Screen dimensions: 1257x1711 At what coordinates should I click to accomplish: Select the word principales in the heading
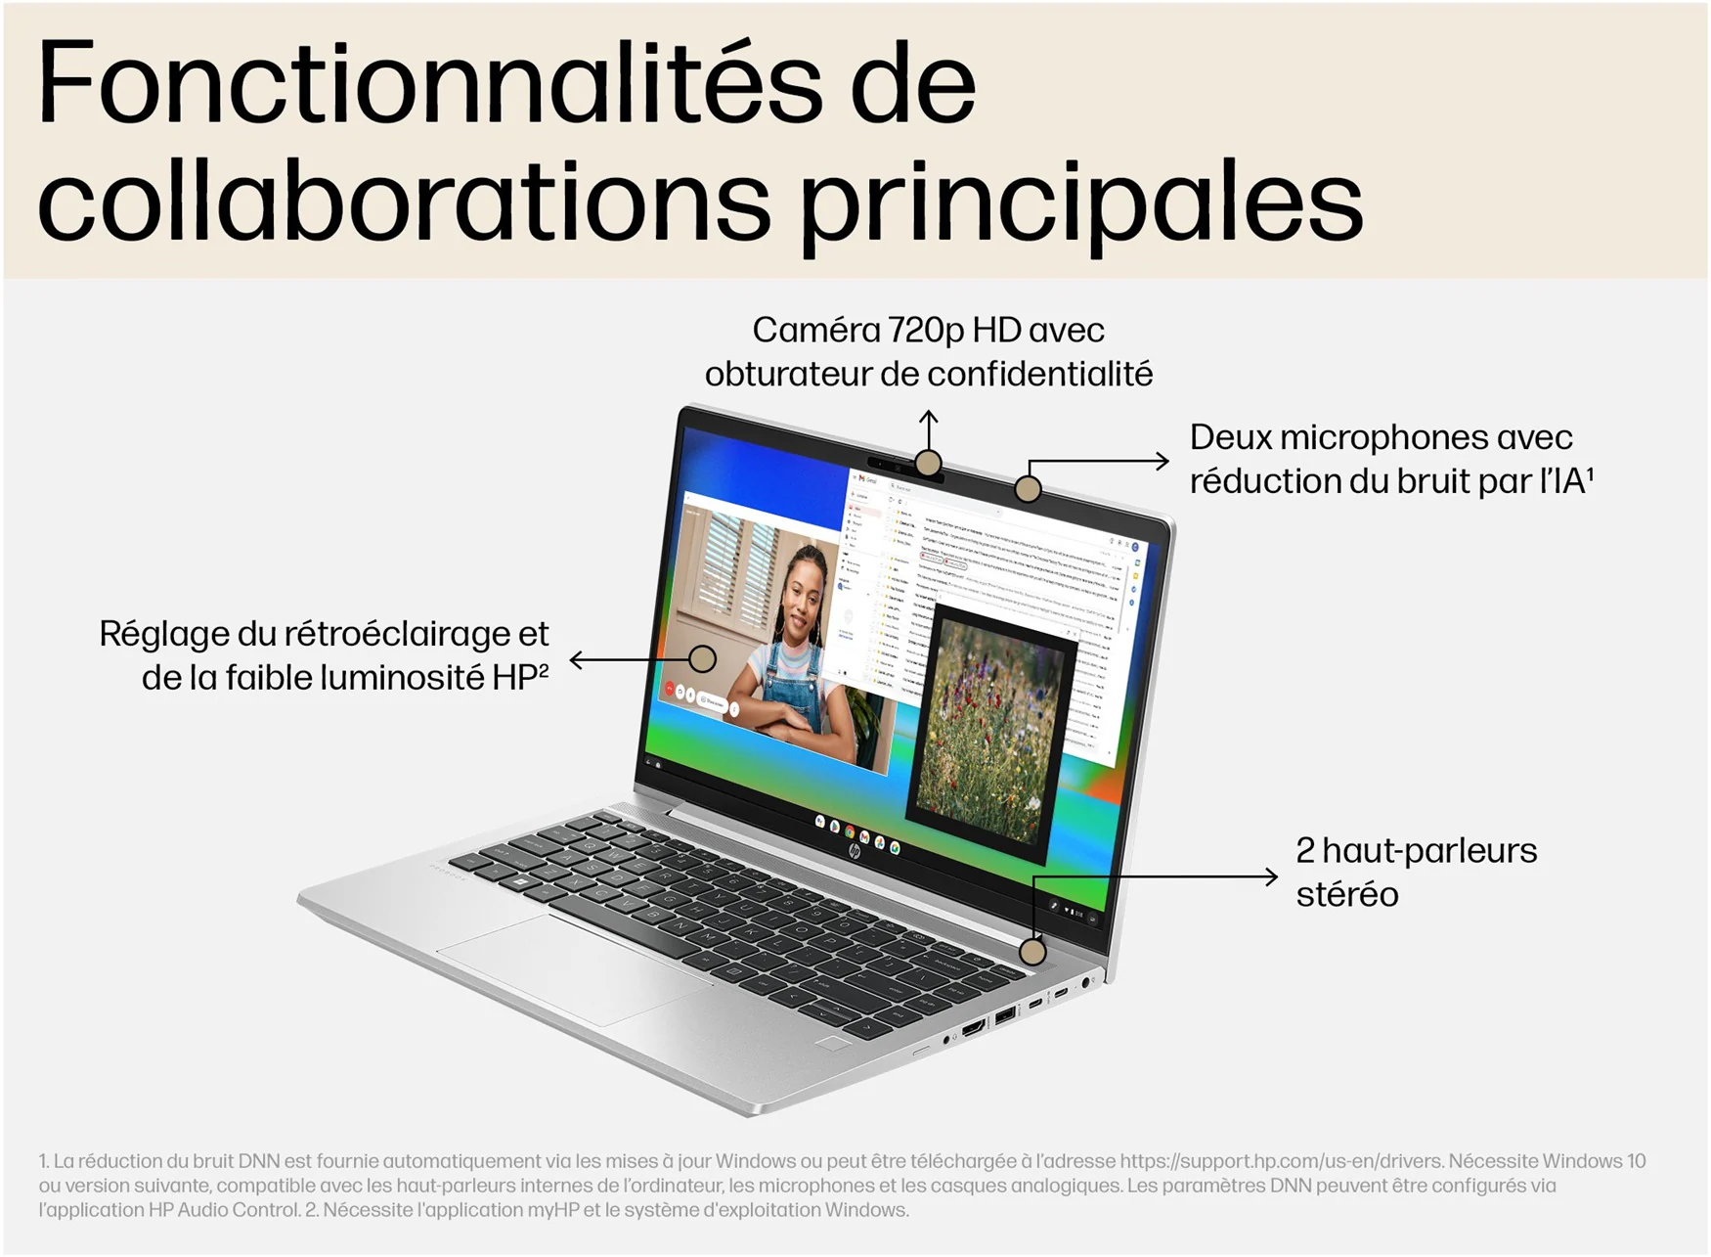(x=1080, y=202)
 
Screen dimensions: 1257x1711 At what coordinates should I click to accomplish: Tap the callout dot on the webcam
(x=928, y=462)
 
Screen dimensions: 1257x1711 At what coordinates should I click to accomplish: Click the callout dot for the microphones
(x=1027, y=488)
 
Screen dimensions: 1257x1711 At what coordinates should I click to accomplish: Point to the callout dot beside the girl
(x=702, y=658)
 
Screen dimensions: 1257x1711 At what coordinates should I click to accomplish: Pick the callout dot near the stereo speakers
(x=1032, y=951)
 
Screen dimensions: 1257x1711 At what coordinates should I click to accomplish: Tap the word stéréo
(x=1347, y=894)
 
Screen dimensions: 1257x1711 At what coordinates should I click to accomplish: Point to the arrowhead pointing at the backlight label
(x=577, y=660)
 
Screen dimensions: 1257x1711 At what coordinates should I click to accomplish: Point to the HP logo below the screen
(x=854, y=852)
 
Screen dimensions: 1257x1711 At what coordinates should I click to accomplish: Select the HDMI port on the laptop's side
(x=973, y=1028)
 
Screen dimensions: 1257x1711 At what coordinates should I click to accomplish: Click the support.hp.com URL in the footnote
(x=1281, y=1161)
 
